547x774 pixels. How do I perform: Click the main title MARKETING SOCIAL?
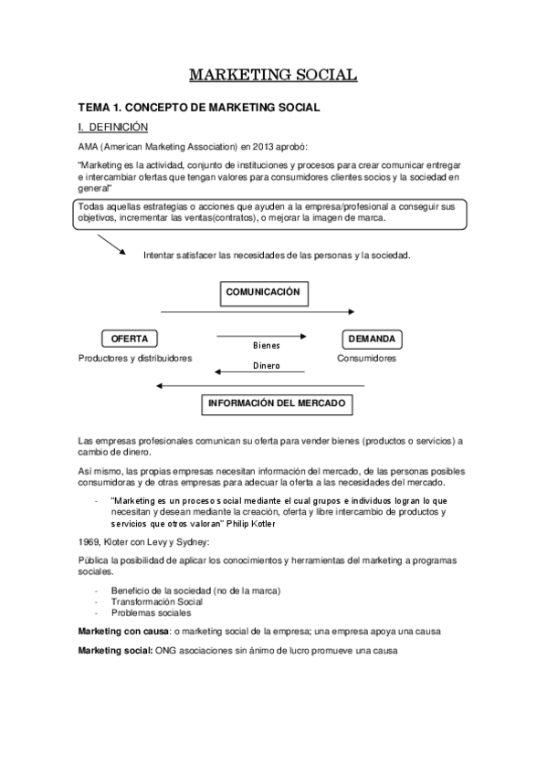[x=273, y=75]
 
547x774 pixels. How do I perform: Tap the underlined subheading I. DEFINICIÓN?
[x=113, y=127]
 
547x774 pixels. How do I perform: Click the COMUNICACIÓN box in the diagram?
[x=263, y=293]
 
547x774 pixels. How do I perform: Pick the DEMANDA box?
[x=373, y=339]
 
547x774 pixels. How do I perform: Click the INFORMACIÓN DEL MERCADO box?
[x=277, y=403]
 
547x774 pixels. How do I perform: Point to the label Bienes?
[x=266, y=346]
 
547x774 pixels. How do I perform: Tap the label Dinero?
[x=266, y=366]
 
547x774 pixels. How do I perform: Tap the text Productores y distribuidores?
[x=135, y=359]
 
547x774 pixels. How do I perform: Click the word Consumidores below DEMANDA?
[x=366, y=359]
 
